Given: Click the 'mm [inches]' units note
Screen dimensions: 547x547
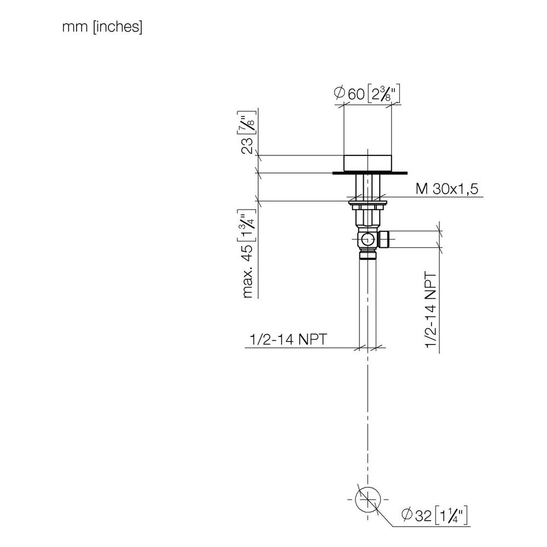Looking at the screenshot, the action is [102, 27].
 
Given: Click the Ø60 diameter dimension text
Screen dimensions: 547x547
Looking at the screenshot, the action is [349, 93].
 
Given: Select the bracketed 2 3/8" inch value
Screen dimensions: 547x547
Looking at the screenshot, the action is [383, 94].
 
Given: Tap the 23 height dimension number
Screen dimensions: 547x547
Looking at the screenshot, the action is [247, 146].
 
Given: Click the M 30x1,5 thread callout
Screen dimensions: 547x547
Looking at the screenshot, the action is [447, 189].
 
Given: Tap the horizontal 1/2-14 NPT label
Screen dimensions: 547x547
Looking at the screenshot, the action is [288, 339].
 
